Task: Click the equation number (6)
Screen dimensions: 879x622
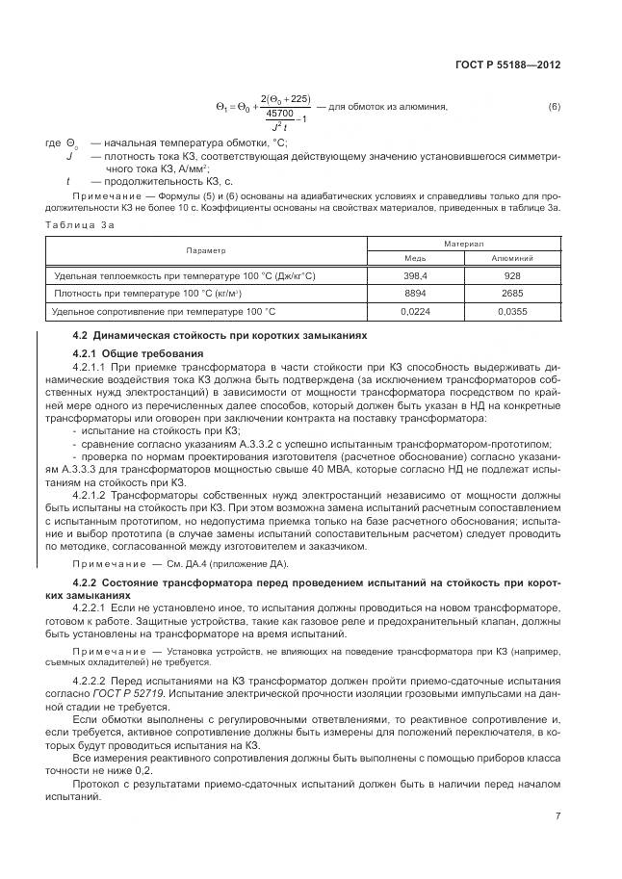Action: (554, 106)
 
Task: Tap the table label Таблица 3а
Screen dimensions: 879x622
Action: (81, 223)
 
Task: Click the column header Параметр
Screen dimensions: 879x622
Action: (206, 249)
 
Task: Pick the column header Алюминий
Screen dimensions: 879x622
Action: (511, 258)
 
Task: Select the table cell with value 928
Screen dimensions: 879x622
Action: (511, 275)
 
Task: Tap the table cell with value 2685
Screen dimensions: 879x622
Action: (511, 293)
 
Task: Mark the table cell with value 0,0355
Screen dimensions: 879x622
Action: (511, 311)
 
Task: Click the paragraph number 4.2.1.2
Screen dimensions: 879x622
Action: (93, 496)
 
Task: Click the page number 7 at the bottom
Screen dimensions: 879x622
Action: (557, 816)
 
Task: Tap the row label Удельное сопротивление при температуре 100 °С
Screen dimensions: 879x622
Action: (165, 311)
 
